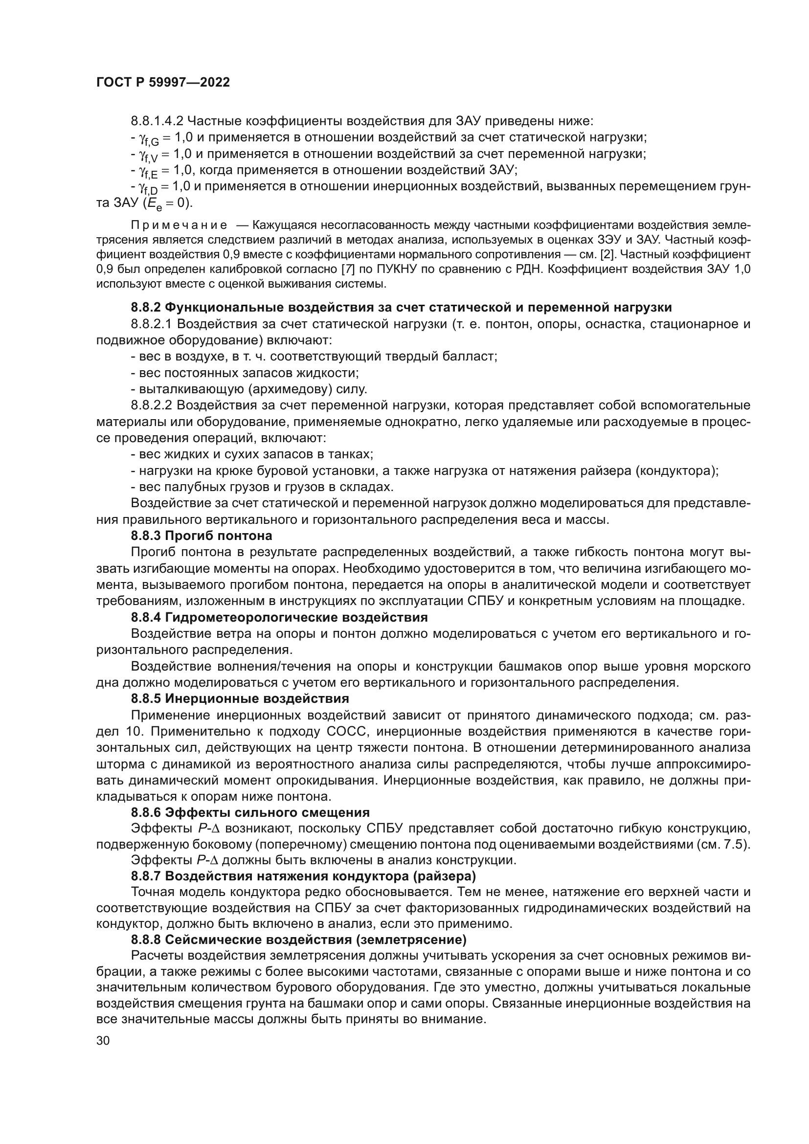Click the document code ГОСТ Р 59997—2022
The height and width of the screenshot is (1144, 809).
pyautogui.click(x=163, y=83)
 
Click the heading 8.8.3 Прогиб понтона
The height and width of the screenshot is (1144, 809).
pyautogui.click(x=201, y=536)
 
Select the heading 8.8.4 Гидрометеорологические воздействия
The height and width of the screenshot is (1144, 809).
pyautogui.click(x=279, y=617)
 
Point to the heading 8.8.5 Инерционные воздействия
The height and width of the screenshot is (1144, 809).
pyautogui.click(x=240, y=698)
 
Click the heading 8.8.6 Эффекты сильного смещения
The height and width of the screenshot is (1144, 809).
pyautogui.click(x=250, y=813)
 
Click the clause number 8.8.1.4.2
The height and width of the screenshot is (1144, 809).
pyautogui.click(x=157, y=121)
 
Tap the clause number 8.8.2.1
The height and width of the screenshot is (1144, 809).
pyautogui.click(x=152, y=324)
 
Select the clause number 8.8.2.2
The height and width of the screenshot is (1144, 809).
pyautogui.click(x=152, y=405)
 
